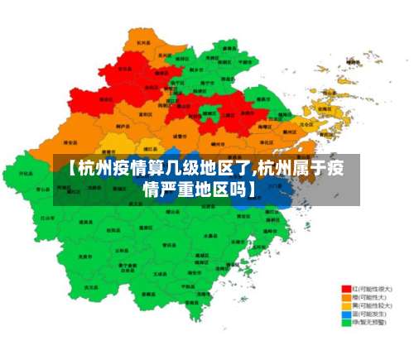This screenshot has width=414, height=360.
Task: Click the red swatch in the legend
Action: click(x=346, y=289)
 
